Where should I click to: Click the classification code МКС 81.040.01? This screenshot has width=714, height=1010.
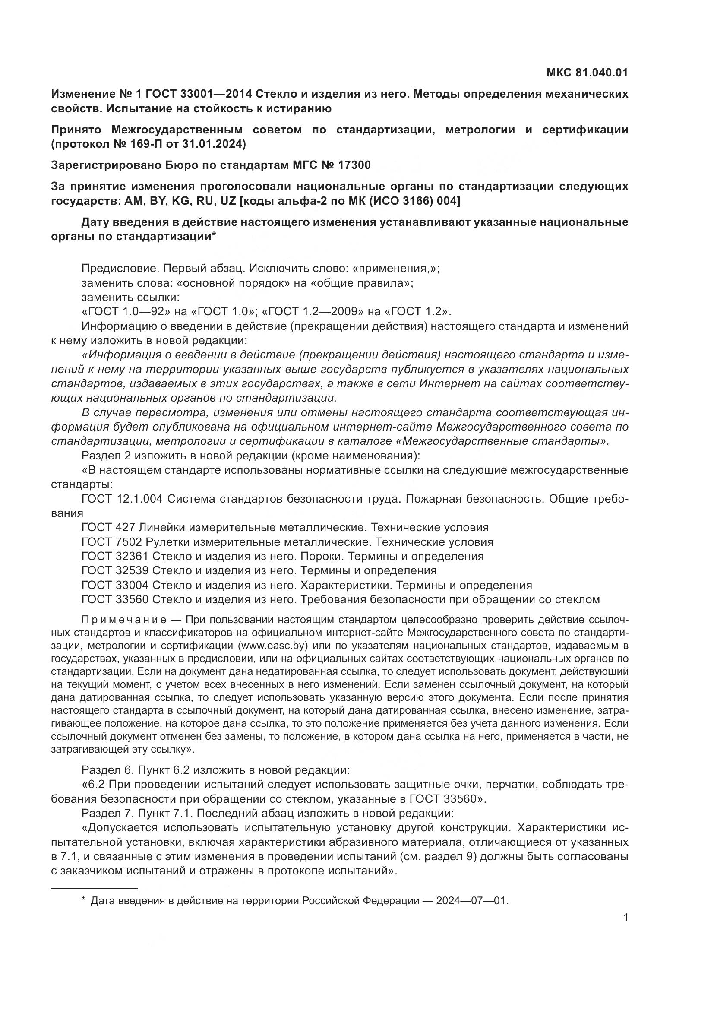pyautogui.click(x=587, y=73)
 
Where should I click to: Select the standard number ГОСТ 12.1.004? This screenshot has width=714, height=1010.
pyautogui.click(x=122, y=499)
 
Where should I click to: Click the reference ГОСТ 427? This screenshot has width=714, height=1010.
pyautogui.click(x=109, y=527)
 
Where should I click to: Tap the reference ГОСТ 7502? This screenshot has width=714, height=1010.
pyautogui.click(x=112, y=542)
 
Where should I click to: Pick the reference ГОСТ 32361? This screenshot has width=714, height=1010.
pyautogui.click(x=115, y=557)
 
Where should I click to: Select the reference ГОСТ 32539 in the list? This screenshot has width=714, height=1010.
pyautogui.click(x=115, y=570)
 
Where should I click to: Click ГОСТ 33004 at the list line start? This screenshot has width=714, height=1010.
pyautogui.click(x=115, y=585)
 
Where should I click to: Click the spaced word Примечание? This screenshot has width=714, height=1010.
pyautogui.click(x=124, y=620)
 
